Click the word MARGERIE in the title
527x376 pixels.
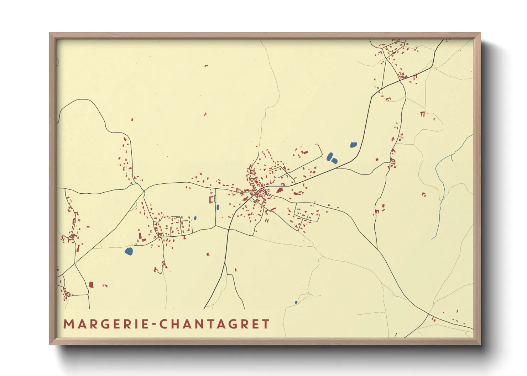[106, 324]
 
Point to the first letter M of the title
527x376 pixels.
[68, 324]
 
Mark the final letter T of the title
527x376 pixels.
[266, 324]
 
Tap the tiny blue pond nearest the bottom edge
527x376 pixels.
[296, 302]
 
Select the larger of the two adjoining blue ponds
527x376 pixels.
[330, 156]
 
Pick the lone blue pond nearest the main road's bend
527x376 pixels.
[353, 145]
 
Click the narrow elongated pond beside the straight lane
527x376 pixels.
[218, 207]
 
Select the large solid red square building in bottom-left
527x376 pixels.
[91, 285]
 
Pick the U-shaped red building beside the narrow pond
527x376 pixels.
[211, 200]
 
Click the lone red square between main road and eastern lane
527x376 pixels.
[377, 160]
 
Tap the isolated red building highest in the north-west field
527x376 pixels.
[206, 66]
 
